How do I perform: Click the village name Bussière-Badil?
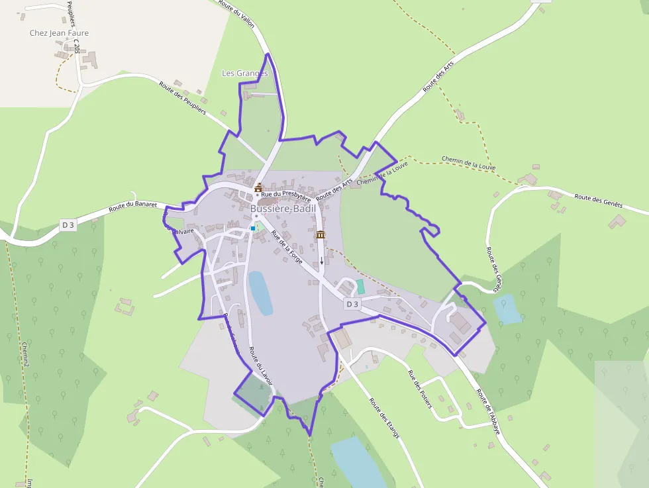[x=283, y=209]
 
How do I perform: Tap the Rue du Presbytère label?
[x=286, y=195]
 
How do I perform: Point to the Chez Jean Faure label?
[x=59, y=33]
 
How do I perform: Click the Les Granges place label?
[x=245, y=73]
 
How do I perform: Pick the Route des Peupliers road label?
[x=183, y=98]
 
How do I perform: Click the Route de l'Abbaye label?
[x=489, y=411]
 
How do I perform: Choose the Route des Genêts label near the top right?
[x=599, y=201]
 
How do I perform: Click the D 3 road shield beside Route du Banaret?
[x=68, y=225]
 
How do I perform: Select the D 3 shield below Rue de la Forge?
[x=352, y=304]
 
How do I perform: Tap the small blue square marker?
[x=252, y=228]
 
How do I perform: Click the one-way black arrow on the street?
[x=322, y=260]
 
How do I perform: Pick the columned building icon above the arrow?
[x=321, y=234]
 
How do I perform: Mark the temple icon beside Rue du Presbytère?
[x=258, y=188]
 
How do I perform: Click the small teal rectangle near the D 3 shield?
[x=360, y=287]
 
